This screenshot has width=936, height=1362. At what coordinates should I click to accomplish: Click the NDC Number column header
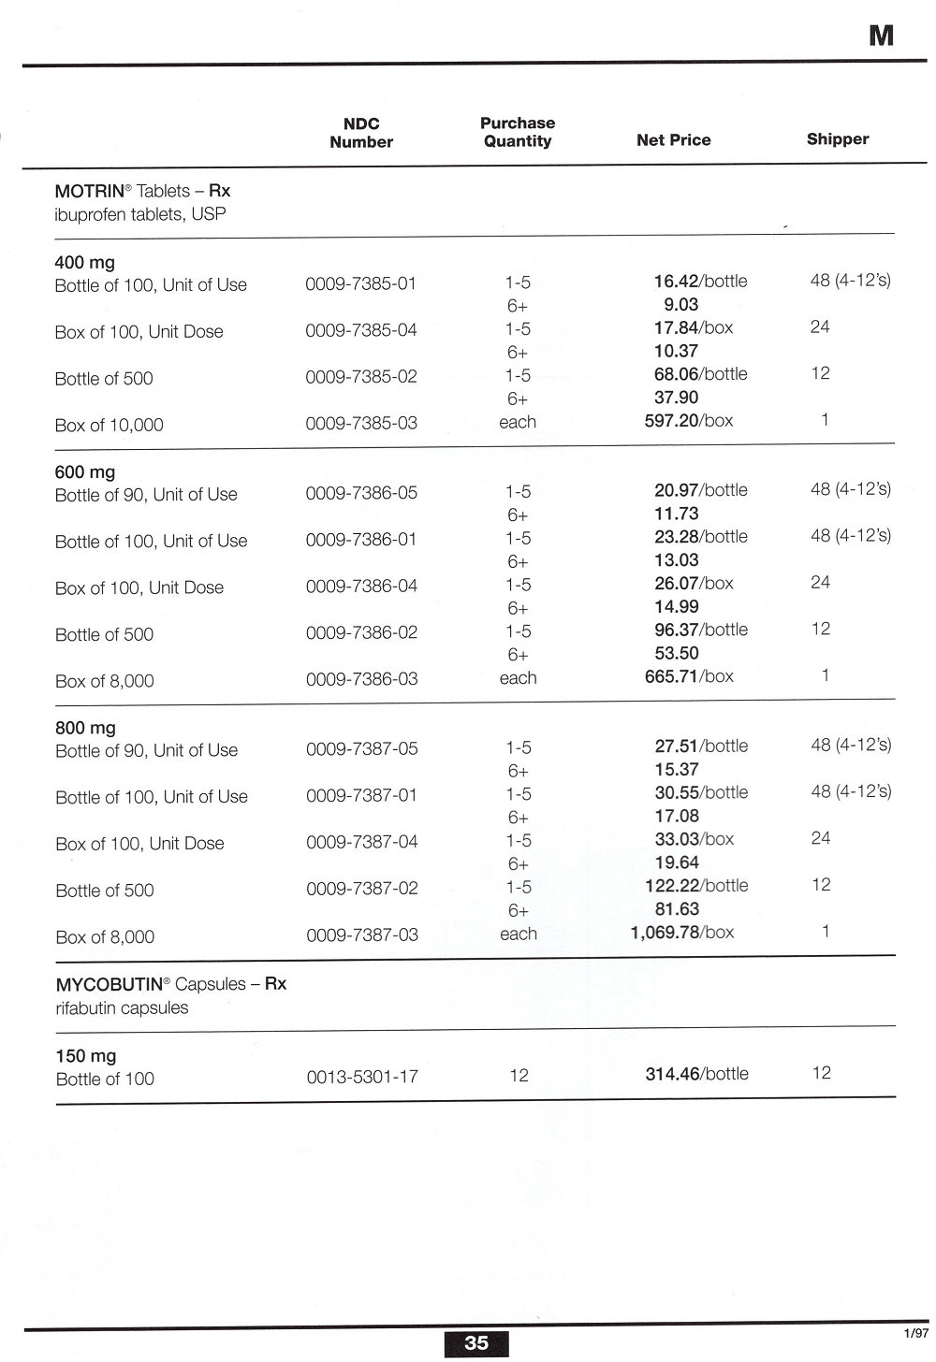coord(361,133)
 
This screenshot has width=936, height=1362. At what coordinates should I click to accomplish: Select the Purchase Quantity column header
coord(518,132)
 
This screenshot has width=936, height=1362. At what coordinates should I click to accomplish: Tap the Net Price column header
coord(673,140)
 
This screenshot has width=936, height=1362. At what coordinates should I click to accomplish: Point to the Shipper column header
coord(838,139)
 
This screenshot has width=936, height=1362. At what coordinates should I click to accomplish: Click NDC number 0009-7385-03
coord(361,423)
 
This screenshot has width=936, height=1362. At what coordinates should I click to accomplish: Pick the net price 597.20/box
coord(689,421)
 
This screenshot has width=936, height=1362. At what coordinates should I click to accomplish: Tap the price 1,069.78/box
coord(682,933)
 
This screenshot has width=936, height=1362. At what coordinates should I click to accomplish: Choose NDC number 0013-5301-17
coord(362,1077)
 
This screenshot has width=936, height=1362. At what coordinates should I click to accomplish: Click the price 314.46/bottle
coord(696,1074)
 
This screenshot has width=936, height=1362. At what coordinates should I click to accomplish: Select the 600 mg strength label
coord(85,472)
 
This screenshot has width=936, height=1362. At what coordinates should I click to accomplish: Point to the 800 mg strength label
coord(85,728)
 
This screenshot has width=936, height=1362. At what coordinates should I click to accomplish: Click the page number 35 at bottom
coord(476,1343)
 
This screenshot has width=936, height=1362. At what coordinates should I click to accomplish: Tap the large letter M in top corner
coord(881,36)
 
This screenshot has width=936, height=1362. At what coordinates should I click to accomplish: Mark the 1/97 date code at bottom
coord(916,1333)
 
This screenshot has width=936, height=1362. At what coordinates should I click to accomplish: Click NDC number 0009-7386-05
coord(361,493)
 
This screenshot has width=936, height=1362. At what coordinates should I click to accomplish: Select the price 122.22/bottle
coord(696,886)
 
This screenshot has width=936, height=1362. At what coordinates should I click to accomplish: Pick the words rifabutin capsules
coord(122,1008)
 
